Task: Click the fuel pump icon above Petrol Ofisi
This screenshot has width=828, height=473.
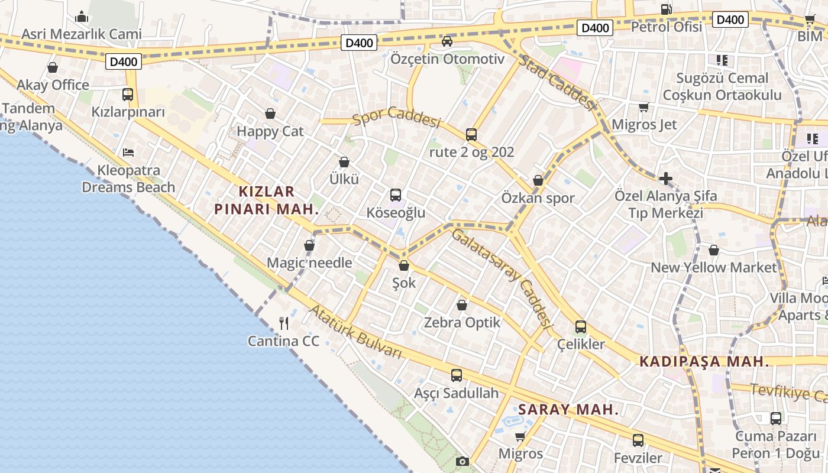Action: pos(666,9)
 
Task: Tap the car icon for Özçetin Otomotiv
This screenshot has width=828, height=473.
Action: pos(447,41)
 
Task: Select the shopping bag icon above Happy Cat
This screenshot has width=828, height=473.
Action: pos(270,114)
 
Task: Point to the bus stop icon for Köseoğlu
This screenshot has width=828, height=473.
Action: pos(396,195)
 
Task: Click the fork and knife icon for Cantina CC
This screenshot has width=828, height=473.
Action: pos(284,323)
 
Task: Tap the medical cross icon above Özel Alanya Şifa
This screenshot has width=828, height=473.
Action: pos(666,178)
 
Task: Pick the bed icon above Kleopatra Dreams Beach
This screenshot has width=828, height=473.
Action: pos(128,153)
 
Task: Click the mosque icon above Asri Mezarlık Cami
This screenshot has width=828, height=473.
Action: pos(82,17)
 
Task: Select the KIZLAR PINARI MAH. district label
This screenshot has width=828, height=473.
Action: pos(266,200)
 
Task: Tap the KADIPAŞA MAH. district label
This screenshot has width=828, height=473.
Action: pos(704,361)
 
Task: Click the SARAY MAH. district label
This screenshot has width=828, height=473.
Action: pos(568,409)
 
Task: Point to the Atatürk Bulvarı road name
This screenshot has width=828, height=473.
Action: pos(355,332)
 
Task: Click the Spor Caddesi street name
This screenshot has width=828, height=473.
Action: pos(397,117)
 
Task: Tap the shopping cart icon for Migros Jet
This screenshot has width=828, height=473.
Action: pos(643,108)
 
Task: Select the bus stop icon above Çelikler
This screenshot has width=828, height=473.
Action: pos(581,327)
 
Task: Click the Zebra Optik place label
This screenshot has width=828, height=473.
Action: pos(462,323)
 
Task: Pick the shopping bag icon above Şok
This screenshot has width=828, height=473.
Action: pos(404,266)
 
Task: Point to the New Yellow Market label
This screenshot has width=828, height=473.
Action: pos(713,267)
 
